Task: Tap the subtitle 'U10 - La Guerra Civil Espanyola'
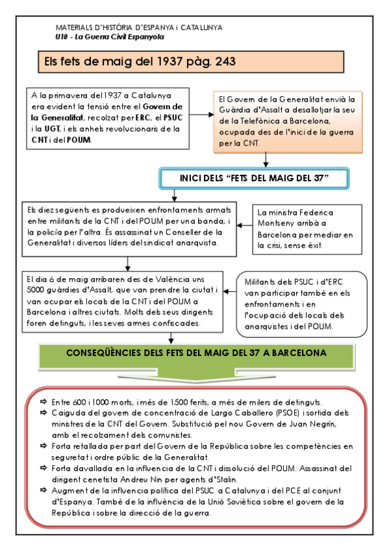click(109, 37)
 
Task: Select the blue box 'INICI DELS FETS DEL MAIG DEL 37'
click(255, 178)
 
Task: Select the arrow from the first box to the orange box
click(201, 114)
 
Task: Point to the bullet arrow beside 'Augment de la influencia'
click(43, 490)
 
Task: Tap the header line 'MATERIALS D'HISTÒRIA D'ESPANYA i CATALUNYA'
click(140, 28)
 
